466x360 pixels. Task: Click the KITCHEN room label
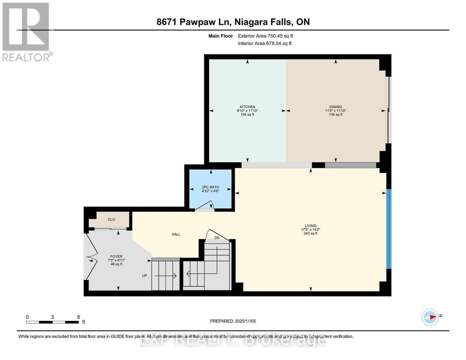pyautogui.click(x=247, y=107)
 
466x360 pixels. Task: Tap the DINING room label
pyautogui.click(x=335, y=107)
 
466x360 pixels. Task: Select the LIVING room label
pyautogui.click(x=310, y=226)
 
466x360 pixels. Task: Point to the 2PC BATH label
pyautogui.click(x=210, y=187)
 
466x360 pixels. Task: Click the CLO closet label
pyautogui.click(x=111, y=219)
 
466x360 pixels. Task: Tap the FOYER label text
pyautogui.click(x=116, y=256)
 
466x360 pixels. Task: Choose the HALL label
pyautogui.click(x=176, y=234)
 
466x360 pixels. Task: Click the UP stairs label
pyautogui.click(x=144, y=276)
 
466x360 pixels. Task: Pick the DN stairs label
pyautogui.click(x=217, y=238)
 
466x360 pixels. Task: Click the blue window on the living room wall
pyautogui.click(x=389, y=229)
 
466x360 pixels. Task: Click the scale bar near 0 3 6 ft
pyautogui.click(x=52, y=322)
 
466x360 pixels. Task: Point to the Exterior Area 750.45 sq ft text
pyautogui.click(x=265, y=36)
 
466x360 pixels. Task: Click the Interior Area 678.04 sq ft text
pyautogui.click(x=265, y=43)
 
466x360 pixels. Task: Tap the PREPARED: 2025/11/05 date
pyautogui.click(x=233, y=321)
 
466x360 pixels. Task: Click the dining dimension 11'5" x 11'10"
pyautogui.click(x=335, y=111)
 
